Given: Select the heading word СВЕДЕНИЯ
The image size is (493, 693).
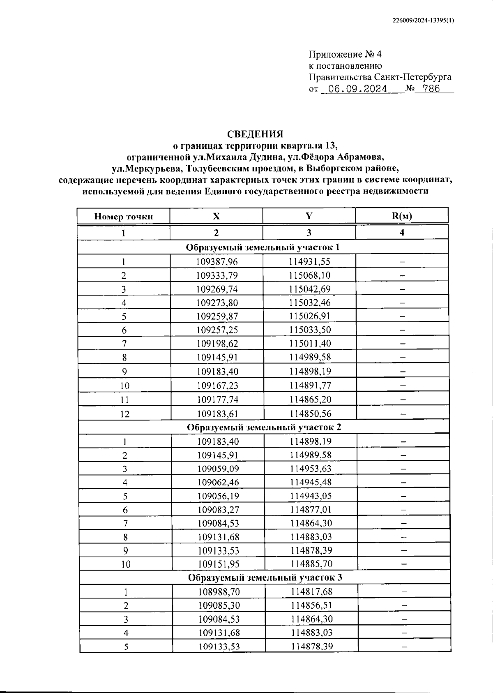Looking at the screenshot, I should (255, 134).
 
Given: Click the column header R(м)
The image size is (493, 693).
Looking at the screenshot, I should (402, 216).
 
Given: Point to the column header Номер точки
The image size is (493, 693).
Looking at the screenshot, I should (124, 217).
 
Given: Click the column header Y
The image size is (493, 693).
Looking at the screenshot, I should (309, 216).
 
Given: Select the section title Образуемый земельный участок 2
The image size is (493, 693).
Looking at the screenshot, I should (264, 427).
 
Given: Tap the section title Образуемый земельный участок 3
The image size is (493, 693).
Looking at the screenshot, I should (265, 577).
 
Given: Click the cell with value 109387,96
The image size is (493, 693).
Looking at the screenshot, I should (217, 262).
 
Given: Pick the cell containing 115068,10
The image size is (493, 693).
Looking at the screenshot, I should (309, 275).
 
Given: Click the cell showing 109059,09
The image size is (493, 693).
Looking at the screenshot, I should (218, 469).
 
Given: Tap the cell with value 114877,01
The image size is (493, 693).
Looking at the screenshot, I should (311, 510).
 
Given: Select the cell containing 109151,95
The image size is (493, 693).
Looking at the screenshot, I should (218, 564).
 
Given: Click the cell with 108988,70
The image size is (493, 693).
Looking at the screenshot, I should (219, 592).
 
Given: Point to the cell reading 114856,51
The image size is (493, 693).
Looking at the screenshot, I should (312, 605).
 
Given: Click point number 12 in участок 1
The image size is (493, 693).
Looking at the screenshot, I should (124, 414).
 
